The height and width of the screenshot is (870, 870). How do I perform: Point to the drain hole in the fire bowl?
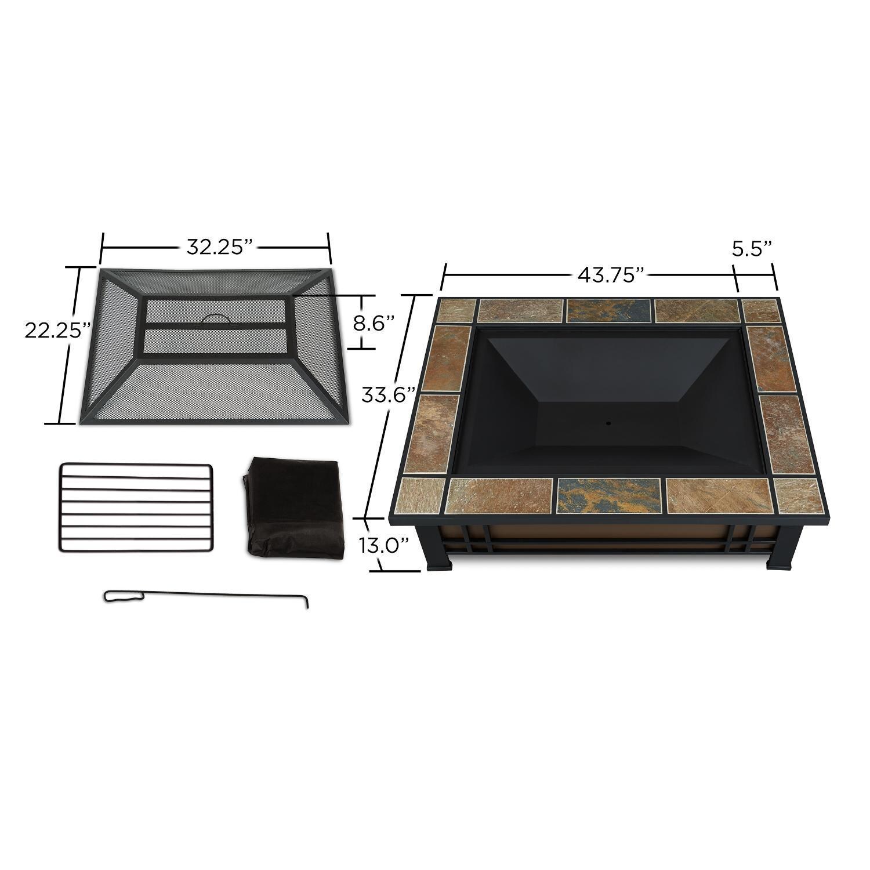click(608, 423)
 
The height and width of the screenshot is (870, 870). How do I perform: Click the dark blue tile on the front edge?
click(608, 496)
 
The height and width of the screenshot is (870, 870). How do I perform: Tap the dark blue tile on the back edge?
click(608, 310)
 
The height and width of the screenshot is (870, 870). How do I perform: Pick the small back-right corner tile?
click(760, 311)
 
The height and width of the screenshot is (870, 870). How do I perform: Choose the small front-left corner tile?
click(422, 495)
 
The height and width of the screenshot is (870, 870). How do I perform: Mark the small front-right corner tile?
click(798, 494)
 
